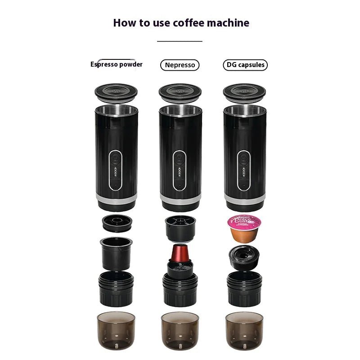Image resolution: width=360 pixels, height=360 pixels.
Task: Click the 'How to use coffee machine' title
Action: tap(181, 22)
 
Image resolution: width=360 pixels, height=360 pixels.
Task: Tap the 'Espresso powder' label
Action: tap(117, 64)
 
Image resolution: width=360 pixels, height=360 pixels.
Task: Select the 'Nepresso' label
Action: tap(180, 65)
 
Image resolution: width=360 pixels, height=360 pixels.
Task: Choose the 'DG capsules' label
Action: tap(245, 65)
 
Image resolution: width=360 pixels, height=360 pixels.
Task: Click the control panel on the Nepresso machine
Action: tap(180, 170)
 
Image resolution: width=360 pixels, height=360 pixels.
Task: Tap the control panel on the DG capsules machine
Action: tap(244, 170)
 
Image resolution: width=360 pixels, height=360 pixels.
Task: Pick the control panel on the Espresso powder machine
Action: tap(116, 170)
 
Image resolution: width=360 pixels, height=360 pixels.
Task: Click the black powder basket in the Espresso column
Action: tap(116, 253)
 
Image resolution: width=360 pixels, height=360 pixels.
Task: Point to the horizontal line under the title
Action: tap(180, 41)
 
